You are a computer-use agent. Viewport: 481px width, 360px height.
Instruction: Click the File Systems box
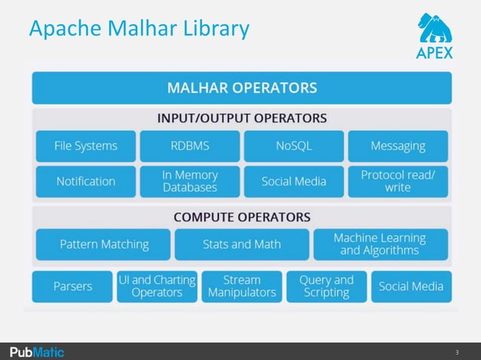pos(86,146)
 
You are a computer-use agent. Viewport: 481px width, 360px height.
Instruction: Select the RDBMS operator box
pos(190,146)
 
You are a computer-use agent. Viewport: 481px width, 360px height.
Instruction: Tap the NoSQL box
pos(293,146)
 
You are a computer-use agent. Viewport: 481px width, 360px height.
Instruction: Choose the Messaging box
pos(397,146)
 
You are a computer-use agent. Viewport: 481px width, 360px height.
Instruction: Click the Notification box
pos(86,181)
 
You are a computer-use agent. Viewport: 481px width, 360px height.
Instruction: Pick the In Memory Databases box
pos(190,181)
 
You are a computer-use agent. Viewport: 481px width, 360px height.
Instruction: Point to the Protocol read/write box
pos(397,181)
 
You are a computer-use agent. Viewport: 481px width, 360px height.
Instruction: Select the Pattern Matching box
pos(104,244)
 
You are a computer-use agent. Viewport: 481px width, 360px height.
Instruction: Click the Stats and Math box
pos(241,244)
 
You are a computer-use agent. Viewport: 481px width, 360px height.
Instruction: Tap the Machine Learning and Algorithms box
pos(380,244)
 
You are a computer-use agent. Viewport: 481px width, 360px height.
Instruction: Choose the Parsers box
pos(72,286)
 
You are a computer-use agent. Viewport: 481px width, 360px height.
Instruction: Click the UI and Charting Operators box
pos(157,286)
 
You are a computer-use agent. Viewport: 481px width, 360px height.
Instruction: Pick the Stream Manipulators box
pos(242,286)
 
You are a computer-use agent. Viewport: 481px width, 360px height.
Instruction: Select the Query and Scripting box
pos(326,286)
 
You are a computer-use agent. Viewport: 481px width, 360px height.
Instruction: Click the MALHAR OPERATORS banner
pos(241,88)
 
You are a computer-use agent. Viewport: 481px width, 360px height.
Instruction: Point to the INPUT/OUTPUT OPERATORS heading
pos(241,118)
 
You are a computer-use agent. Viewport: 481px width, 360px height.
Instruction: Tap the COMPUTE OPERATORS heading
pos(241,217)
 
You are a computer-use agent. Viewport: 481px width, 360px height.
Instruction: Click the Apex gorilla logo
pos(435,35)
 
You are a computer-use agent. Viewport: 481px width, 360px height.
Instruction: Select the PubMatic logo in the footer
pos(37,352)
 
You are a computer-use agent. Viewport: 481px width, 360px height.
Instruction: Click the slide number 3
pos(456,352)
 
